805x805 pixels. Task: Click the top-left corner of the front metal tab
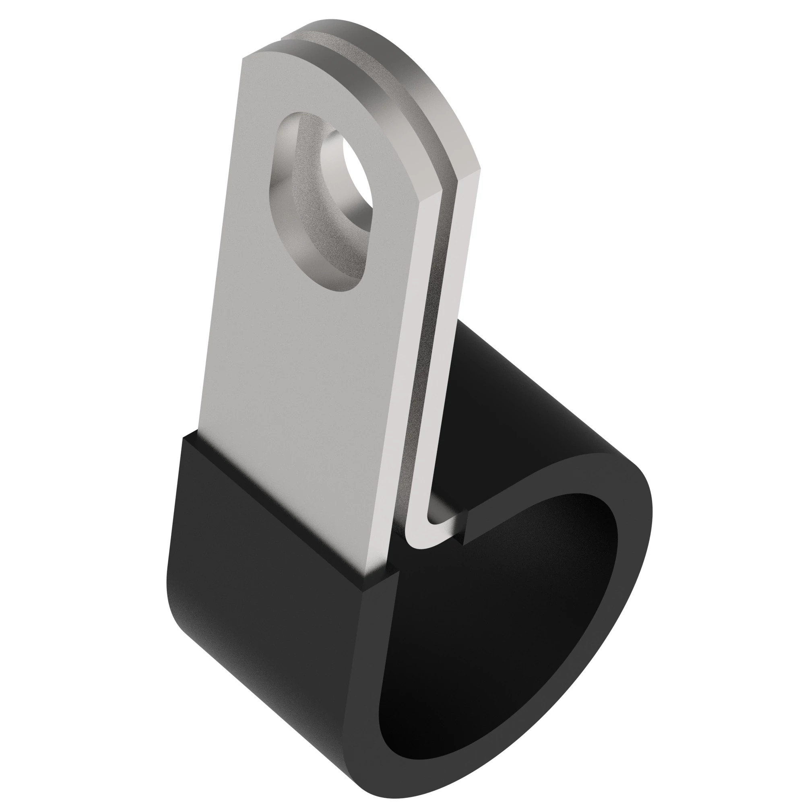tap(244, 58)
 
